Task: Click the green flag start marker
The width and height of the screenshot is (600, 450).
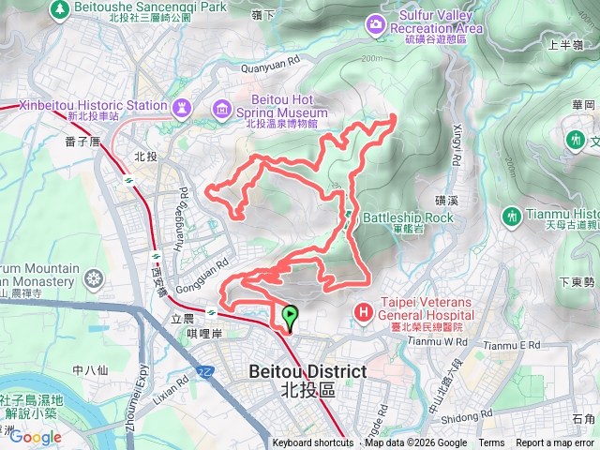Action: pos(290,317)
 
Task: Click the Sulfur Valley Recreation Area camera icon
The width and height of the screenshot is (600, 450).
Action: pos(376,22)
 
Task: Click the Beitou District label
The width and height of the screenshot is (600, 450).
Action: pos(307,372)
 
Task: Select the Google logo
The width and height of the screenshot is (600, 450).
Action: pos(36,437)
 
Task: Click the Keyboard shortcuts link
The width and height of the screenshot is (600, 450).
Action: pos(313,443)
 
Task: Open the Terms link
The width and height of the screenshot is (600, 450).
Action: pos(491,443)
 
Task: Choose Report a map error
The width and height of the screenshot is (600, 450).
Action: pos(555,443)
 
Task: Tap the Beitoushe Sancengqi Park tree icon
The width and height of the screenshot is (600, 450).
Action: pos(59,7)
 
